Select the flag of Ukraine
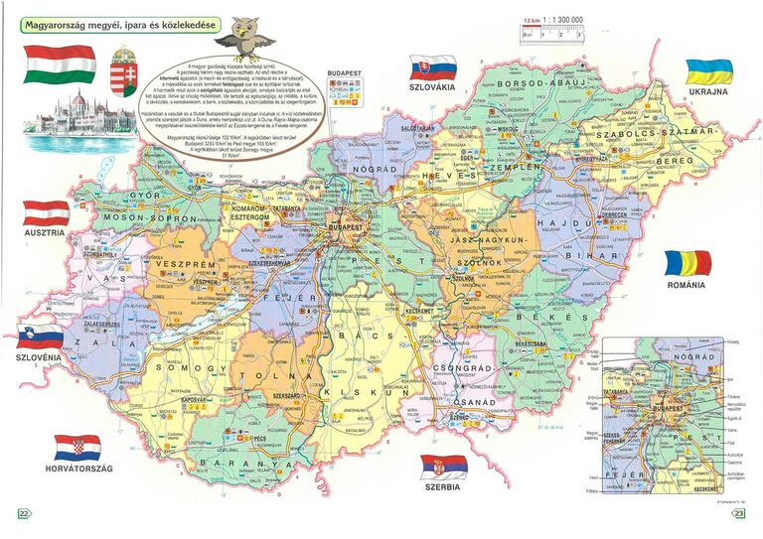click(x=708, y=70)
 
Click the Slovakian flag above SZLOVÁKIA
click(x=432, y=67)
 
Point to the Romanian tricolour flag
click(x=688, y=263)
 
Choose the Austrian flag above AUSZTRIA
click(x=46, y=212)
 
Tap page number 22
click(x=24, y=513)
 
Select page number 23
click(x=739, y=513)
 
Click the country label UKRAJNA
click(x=708, y=91)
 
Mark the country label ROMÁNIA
click(x=687, y=285)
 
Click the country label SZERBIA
click(x=443, y=489)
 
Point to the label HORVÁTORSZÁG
click(x=77, y=468)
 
